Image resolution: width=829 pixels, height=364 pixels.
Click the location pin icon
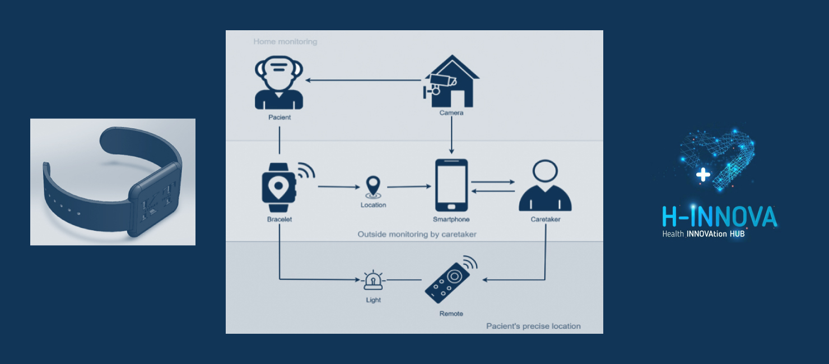click(372, 187)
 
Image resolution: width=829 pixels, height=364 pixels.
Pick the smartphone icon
click(451, 185)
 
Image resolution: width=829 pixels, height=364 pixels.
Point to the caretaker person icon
click(545, 186)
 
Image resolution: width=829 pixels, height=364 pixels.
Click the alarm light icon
click(373, 280)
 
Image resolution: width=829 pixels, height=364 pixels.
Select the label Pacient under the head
click(279, 118)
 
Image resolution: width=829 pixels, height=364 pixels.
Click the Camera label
click(451, 113)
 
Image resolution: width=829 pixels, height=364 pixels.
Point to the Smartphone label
click(451, 220)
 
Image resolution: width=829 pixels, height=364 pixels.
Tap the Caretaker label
click(545, 220)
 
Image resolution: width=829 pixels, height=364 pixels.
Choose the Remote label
click(451, 314)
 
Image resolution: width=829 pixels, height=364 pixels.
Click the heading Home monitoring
click(285, 41)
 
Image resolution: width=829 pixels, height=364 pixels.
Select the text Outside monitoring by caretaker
click(417, 234)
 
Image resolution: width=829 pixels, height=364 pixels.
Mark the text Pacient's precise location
click(533, 326)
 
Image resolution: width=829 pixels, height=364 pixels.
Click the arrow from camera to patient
click(364, 80)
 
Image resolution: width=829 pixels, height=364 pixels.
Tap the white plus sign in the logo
click(703, 175)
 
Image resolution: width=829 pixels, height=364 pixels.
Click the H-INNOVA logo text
click(719, 217)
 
